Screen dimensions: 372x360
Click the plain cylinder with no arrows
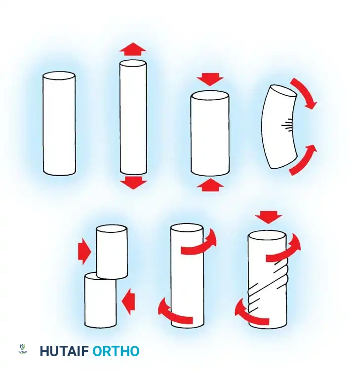pyautogui.click(x=59, y=123)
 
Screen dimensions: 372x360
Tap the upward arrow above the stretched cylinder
pyautogui.click(x=133, y=49)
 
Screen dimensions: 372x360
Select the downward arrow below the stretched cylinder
pyautogui.click(x=133, y=183)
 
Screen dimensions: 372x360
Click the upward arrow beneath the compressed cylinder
pyautogui.click(x=210, y=185)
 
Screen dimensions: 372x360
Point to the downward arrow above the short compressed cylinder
pyautogui.click(x=210, y=79)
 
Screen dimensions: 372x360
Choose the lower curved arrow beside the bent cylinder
pyautogui.click(x=303, y=159)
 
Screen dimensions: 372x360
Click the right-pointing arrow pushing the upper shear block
pyautogui.click(x=84, y=252)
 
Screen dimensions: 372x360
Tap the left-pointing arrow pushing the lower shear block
pyautogui.click(x=128, y=301)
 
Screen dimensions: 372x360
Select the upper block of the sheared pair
pyautogui.click(x=112, y=252)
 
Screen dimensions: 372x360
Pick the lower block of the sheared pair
pyautogui.click(x=100, y=301)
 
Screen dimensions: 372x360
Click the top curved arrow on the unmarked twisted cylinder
pyautogui.click(x=200, y=244)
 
